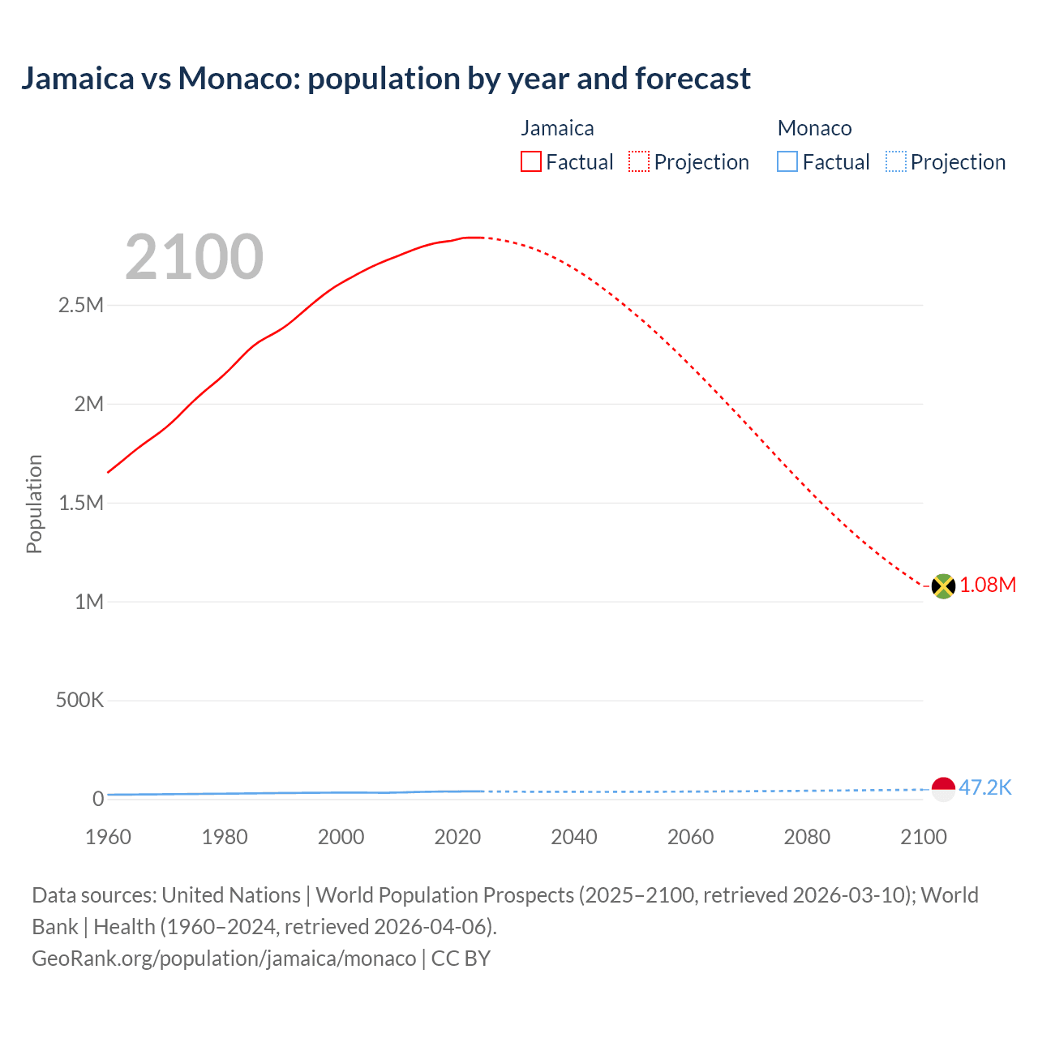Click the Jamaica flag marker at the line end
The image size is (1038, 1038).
943,585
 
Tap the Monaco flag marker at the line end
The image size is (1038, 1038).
943,789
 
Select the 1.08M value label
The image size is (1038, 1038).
988,585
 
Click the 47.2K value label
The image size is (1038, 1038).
985,788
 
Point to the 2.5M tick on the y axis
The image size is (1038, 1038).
81,306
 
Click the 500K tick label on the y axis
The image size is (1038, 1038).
79,701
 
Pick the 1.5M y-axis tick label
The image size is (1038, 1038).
81,504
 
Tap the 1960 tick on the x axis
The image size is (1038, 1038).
108,837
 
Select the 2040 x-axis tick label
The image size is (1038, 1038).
574,837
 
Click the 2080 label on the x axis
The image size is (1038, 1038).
807,837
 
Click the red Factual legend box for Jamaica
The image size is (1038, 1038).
531,162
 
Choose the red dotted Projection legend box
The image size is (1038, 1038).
639,162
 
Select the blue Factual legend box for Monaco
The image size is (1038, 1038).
787,162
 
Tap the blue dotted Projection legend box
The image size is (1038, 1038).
895,162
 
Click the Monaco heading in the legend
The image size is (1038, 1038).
814,128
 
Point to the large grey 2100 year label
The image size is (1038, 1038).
194,257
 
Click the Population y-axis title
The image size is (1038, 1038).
34,504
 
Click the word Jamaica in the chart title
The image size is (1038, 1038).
78,79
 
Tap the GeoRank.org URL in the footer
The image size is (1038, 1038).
224,959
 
